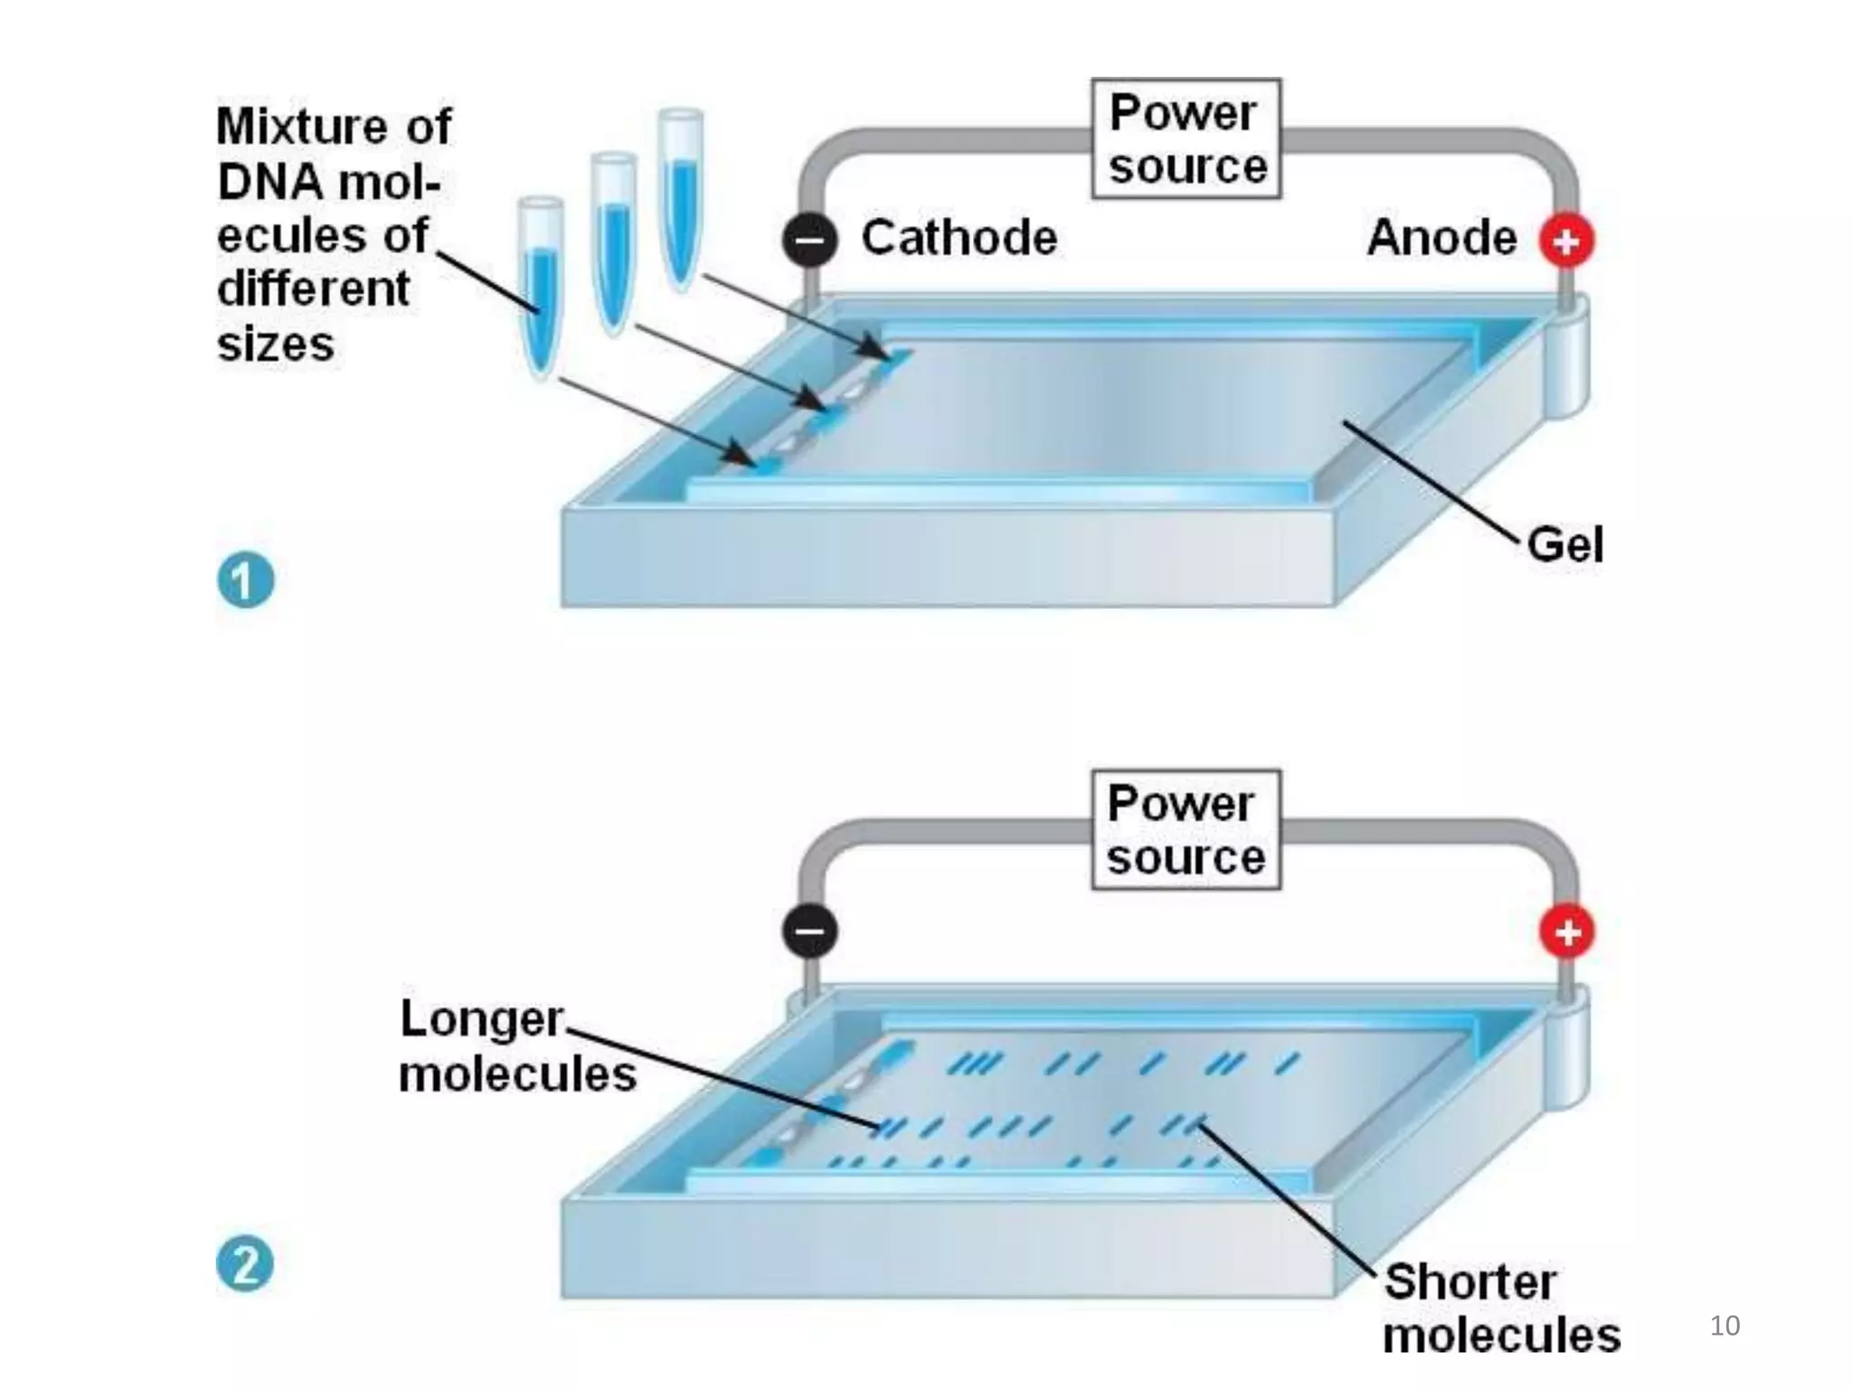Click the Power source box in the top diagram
click(x=1186, y=138)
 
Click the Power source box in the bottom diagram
click(x=1186, y=829)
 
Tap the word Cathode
click(x=959, y=238)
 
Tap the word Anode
click(x=1441, y=238)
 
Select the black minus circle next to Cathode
click(x=809, y=240)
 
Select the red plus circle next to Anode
click(x=1566, y=241)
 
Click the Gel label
click(x=1564, y=544)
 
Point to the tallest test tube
click(x=680, y=194)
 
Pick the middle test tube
click(x=614, y=240)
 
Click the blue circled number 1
click(x=245, y=580)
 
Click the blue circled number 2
click(x=245, y=1263)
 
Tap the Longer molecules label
click(x=516, y=1046)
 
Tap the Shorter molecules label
click(x=1501, y=1308)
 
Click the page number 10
click(x=1724, y=1326)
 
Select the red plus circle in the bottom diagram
click(x=1567, y=931)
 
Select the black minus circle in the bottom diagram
click(x=809, y=931)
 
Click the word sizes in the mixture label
click(x=276, y=345)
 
